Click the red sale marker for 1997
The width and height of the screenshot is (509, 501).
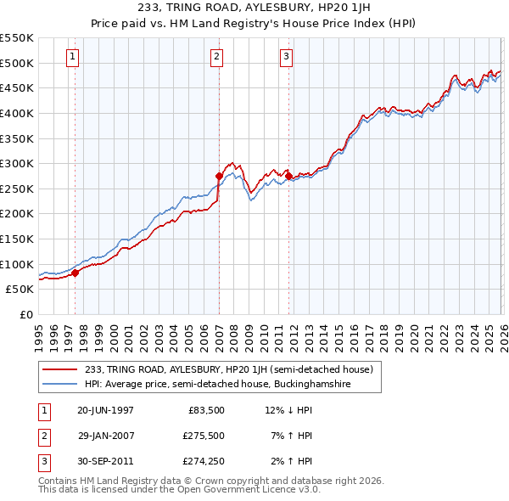click(75, 273)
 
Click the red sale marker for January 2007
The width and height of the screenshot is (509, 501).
click(219, 176)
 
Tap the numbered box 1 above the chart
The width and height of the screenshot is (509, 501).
click(72, 57)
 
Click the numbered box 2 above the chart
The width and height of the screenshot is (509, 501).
click(217, 57)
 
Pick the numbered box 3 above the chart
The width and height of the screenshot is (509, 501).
click(287, 57)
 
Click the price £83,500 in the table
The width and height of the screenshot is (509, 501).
click(204, 410)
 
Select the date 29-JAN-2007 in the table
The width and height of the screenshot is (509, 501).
click(105, 436)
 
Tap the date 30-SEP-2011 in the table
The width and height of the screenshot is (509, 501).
click(105, 461)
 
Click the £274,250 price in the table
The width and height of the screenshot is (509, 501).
click(204, 461)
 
